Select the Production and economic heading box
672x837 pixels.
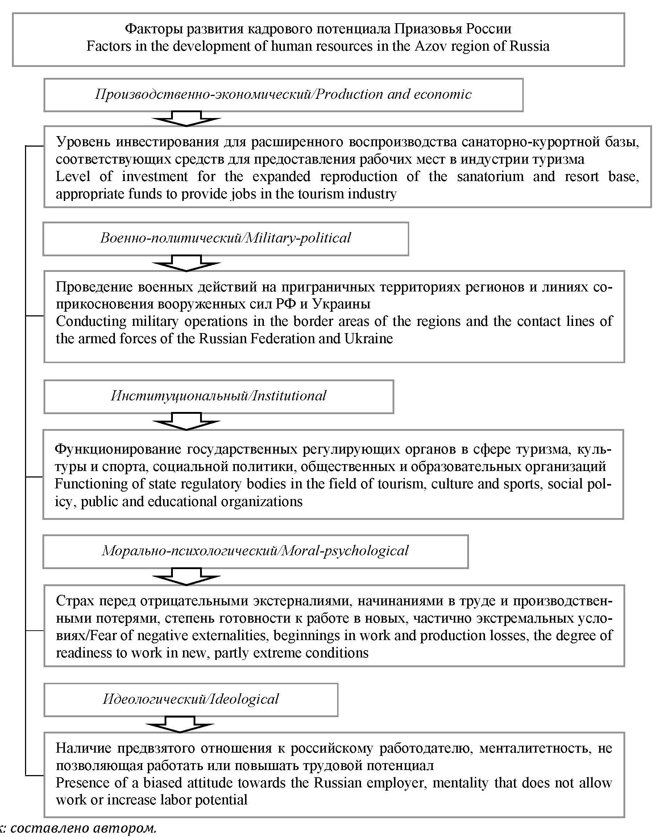(x=283, y=95)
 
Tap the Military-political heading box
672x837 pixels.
(x=225, y=238)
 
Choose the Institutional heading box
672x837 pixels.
(x=219, y=396)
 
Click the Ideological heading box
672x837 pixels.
(x=190, y=699)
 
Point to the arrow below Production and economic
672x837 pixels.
(x=187, y=119)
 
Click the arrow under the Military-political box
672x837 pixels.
(x=187, y=263)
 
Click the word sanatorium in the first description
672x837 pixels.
(x=490, y=177)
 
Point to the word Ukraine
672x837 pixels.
(x=369, y=339)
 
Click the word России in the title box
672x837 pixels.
(x=489, y=29)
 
